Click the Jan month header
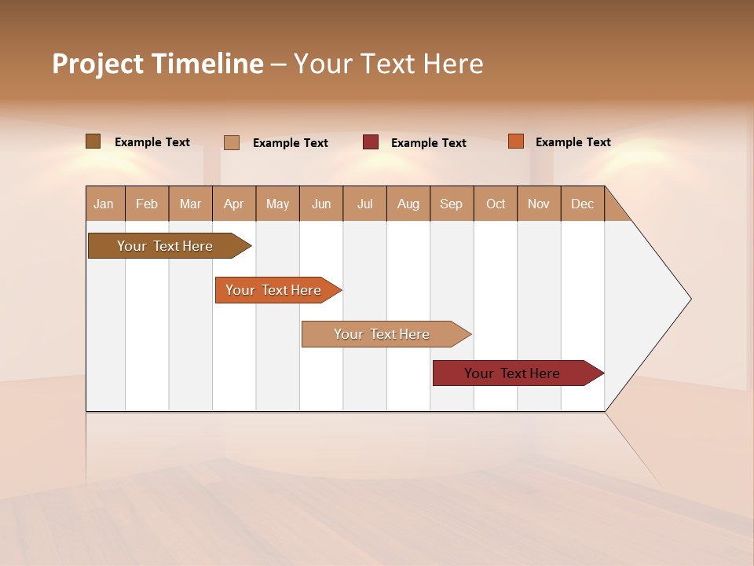pyautogui.click(x=104, y=204)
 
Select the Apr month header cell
pyautogui.click(x=234, y=204)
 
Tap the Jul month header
pyautogui.click(x=364, y=204)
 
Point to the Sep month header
pyautogui.click(x=452, y=204)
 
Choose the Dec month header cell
pyautogui.click(x=582, y=204)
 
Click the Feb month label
pyautogui.click(x=147, y=204)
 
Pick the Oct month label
pyautogui.click(x=496, y=204)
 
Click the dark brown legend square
pyautogui.click(x=93, y=141)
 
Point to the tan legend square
pyautogui.click(x=231, y=142)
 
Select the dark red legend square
pyautogui.click(x=371, y=142)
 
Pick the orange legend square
pyautogui.click(x=515, y=141)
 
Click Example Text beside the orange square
pyautogui.click(x=573, y=142)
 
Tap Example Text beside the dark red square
pyautogui.click(x=428, y=143)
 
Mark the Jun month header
pyautogui.click(x=321, y=204)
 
